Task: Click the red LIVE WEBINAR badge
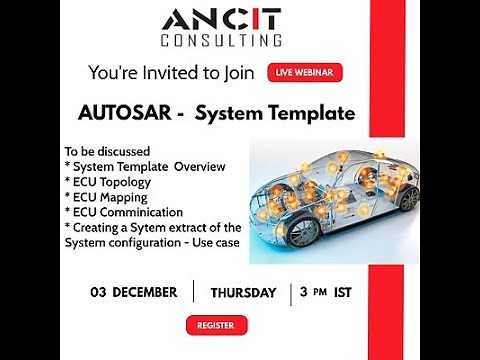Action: [305, 72]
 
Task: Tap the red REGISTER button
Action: [216, 325]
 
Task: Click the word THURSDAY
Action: [243, 293]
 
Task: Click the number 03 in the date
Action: [98, 293]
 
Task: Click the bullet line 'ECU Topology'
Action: [108, 181]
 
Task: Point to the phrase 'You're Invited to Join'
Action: [172, 72]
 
